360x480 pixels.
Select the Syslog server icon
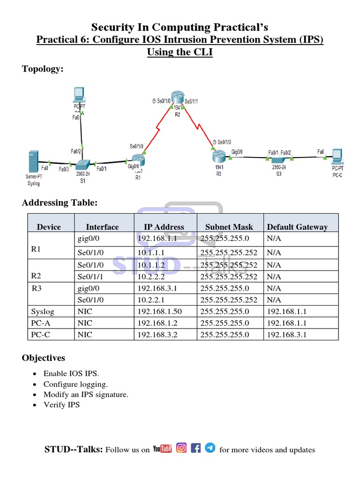33,161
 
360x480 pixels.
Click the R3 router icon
219,155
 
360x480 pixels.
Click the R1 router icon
138,161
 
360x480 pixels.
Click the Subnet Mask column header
229,227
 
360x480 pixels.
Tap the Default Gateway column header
297,227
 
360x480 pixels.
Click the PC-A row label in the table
41,323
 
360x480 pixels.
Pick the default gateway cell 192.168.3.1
287,335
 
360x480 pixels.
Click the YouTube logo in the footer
162,449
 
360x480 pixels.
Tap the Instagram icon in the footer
182,448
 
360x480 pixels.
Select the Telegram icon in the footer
210,448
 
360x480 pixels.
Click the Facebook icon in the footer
196,448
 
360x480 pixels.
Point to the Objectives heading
44,358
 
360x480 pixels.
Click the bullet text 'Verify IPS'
61,405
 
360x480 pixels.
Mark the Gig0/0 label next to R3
238,152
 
